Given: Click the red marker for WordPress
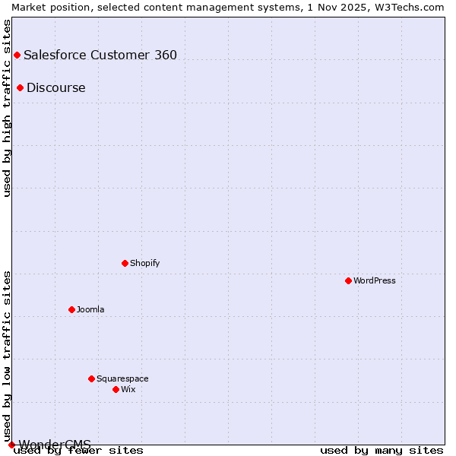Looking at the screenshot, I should (348, 280).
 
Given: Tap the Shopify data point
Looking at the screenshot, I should (125, 263).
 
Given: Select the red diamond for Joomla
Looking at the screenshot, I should (71, 309).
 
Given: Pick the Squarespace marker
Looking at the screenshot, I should (91, 378).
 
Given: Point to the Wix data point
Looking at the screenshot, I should (116, 389).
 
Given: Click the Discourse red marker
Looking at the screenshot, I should (20, 87).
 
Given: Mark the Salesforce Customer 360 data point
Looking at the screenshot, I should (17, 55).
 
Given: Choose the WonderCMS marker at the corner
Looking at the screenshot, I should (11, 445).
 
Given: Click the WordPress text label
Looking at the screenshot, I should (375, 280).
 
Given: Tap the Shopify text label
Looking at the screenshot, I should (144, 263).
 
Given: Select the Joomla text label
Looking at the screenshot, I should (90, 309).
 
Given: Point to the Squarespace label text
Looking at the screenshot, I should (122, 378).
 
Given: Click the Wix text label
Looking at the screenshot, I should (128, 389).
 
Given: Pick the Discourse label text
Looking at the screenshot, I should (56, 87).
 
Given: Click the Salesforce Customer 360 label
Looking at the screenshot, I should (100, 55).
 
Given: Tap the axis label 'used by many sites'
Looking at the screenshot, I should (382, 451).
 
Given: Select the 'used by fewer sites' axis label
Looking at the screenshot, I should (79, 451).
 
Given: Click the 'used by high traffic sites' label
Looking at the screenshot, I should (7, 108).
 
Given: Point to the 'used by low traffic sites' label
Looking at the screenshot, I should (7, 356).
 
